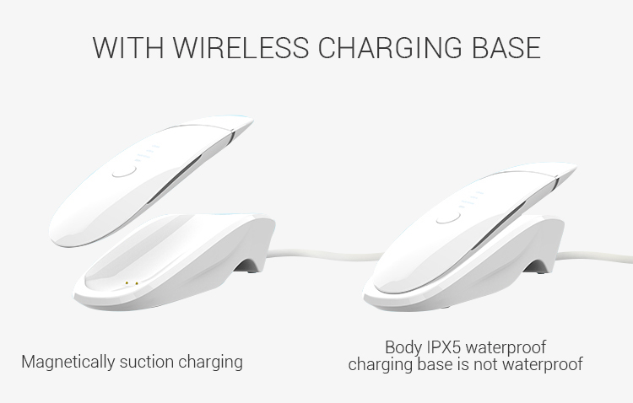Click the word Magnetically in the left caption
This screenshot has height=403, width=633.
[68, 363]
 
